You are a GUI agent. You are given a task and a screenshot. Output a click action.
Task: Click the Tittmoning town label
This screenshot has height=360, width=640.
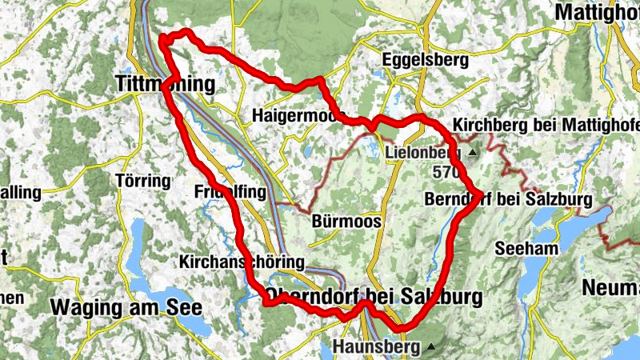pos(166,84)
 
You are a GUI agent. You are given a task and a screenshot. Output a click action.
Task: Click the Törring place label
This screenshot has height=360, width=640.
pos(143,180)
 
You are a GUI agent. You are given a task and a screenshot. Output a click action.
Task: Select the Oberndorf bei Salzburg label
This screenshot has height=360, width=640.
pos(374,297)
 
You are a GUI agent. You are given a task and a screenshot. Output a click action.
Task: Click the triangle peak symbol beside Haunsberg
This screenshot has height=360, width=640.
pos(432,347)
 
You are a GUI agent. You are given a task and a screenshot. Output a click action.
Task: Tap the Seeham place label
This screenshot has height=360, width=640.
pos(526,249)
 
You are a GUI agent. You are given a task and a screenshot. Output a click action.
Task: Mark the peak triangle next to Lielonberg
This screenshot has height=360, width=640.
pos(473,152)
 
